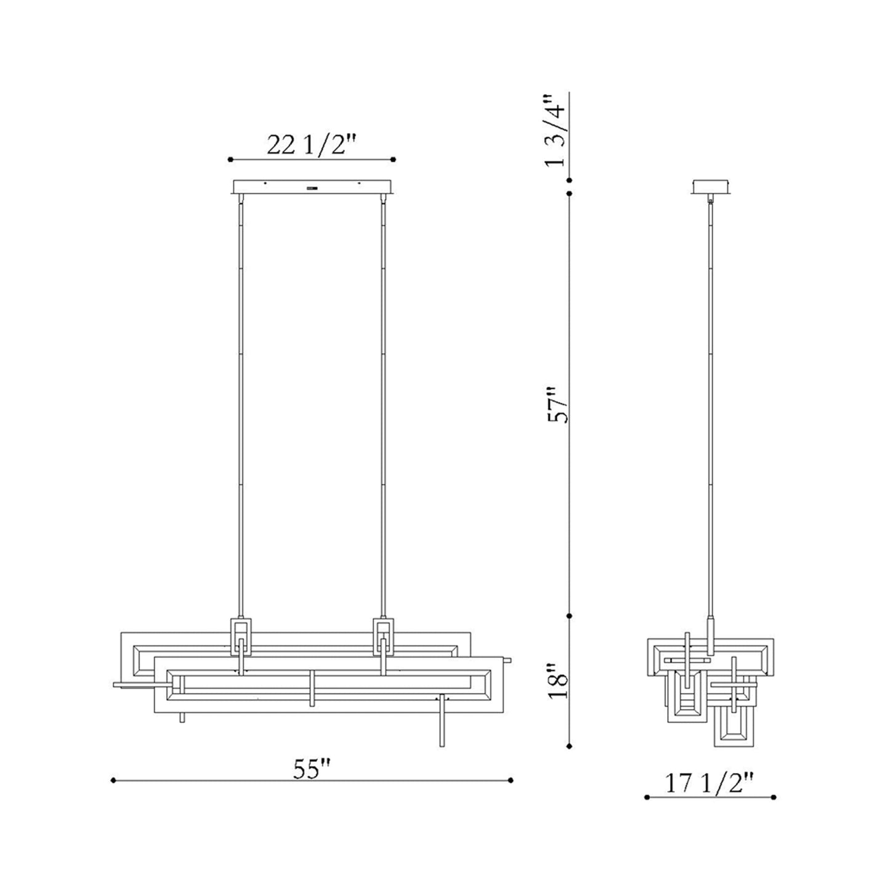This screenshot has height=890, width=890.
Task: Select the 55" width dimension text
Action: point(312,769)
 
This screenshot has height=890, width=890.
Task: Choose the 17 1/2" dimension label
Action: point(709,783)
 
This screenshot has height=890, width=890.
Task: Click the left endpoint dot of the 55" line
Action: point(113,780)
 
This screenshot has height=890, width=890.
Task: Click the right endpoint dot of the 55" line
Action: point(511,780)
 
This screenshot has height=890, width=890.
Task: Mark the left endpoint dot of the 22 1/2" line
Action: point(230,160)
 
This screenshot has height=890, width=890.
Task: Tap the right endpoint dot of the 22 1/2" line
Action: point(394,160)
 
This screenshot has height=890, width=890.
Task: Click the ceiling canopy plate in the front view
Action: point(312,187)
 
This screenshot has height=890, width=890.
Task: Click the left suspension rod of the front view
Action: point(241,400)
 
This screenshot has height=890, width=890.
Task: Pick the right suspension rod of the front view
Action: point(382,400)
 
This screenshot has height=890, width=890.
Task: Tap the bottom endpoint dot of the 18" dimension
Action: point(570,745)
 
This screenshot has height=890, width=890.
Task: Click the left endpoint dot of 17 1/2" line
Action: point(646,797)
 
